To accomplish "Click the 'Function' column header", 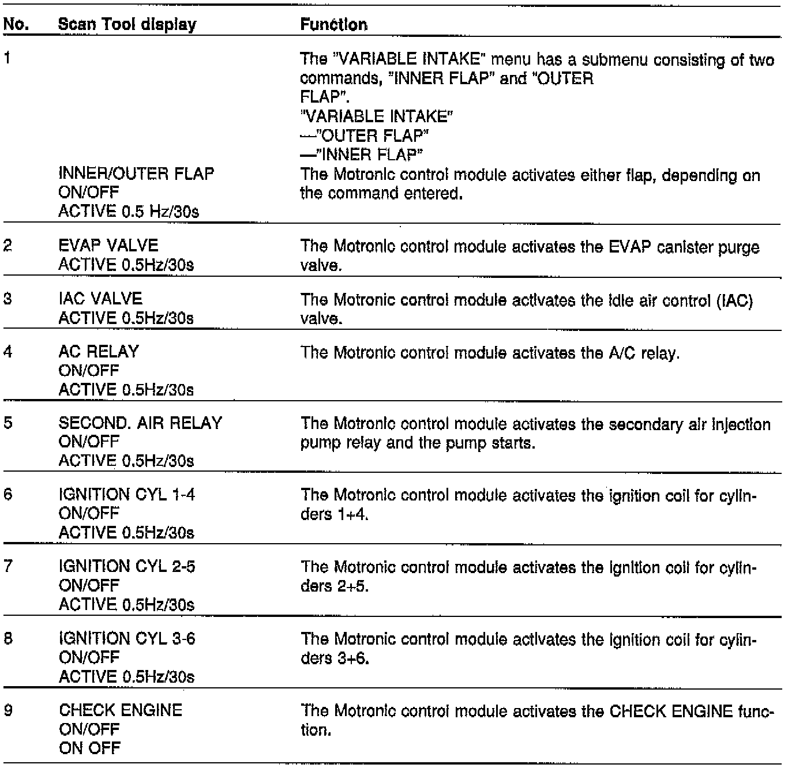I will [334, 25].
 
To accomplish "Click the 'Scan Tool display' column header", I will [127, 25].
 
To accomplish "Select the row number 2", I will [8, 246].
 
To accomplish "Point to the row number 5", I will [8, 423].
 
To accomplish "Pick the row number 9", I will [8, 710].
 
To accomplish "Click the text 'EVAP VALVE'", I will [108, 246].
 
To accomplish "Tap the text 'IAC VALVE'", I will [100, 299].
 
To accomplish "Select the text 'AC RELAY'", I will [99, 352].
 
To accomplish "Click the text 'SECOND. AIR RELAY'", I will [140, 423].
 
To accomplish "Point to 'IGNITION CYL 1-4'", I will [127, 495].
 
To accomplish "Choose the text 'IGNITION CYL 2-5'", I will [127, 567].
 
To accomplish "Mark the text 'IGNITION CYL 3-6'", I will [127, 639].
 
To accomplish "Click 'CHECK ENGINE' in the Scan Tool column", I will [120, 710].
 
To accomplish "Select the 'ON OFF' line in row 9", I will [89, 748].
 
